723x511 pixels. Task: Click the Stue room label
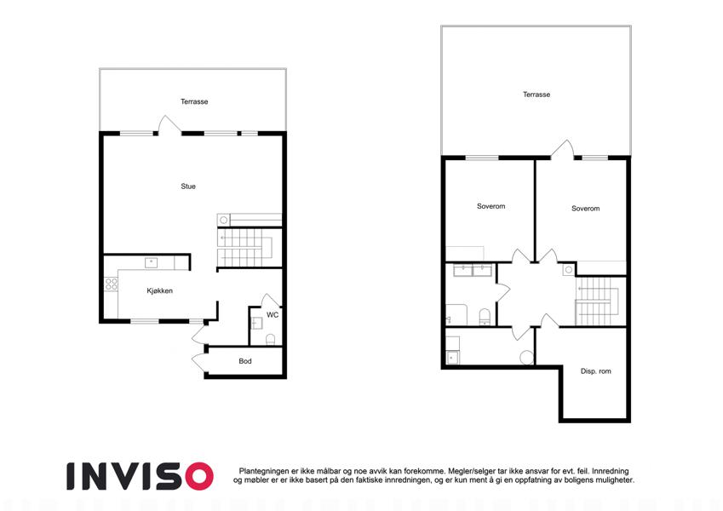tap(188, 187)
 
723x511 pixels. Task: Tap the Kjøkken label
tap(159, 290)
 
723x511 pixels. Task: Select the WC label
tap(273, 315)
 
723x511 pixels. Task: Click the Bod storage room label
tap(245, 361)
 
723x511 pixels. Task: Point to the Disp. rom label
tap(596, 371)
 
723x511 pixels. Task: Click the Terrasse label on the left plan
tap(194, 101)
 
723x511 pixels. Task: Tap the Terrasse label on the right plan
tap(537, 95)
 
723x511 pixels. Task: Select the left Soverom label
tap(491, 206)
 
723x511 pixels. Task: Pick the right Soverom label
tap(586, 209)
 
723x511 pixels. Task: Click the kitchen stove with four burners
tap(111, 284)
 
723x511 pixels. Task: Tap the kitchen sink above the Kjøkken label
tap(152, 263)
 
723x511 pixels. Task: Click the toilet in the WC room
tap(271, 340)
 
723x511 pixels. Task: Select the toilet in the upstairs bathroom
tap(485, 317)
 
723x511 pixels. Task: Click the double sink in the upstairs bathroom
tap(473, 270)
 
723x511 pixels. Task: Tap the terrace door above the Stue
tap(169, 125)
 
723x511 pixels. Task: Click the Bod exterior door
tap(199, 363)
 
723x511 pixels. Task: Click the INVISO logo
tap(140, 476)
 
